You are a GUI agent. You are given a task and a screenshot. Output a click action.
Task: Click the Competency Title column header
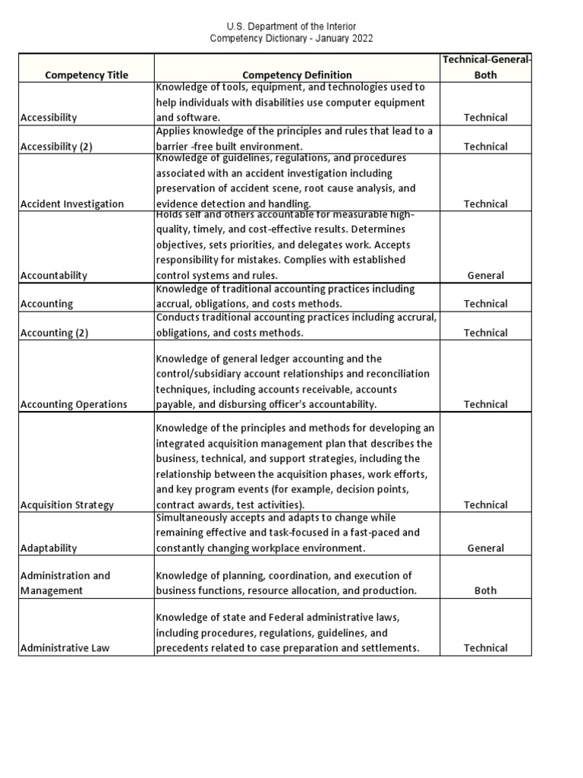(x=87, y=74)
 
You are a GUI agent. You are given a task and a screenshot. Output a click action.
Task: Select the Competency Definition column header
(x=297, y=74)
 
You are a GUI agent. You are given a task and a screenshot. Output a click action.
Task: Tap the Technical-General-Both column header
(x=486, y=67)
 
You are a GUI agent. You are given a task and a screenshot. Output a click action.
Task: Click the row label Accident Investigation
(x=72, y=204)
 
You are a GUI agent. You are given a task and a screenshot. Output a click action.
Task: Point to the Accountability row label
(x=54, y=276)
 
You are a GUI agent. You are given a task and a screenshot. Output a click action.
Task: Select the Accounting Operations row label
(x=74, y=404)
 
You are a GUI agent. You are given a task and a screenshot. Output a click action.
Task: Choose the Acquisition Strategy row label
(x=68, y=504)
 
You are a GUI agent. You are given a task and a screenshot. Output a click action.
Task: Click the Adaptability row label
(x=49, y=548)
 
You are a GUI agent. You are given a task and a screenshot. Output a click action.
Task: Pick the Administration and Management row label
(x=65, y=583)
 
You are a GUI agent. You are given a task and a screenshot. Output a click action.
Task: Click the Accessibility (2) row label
(x=56, y=147)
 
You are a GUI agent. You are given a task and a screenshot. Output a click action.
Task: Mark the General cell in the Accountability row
(x=486, y=276)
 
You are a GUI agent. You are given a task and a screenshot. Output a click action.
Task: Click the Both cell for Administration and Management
(x=486, y=590)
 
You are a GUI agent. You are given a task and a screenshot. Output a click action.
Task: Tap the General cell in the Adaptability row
(x=486, y=548)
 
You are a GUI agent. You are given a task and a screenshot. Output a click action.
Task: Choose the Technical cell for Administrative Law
(x=486, y=648)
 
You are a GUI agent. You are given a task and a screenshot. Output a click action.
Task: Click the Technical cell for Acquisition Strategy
(x=486, y=504)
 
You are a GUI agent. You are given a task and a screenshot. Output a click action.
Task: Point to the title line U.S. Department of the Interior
(x=291, y=27)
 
